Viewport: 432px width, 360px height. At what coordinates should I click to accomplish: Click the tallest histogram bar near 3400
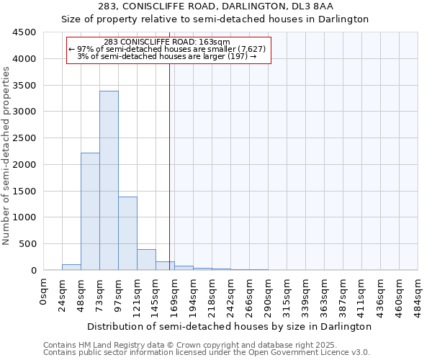(x=109, y=180)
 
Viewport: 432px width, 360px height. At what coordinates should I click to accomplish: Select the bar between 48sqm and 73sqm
(x=90, y=212)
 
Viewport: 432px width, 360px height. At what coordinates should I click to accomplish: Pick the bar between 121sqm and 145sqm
(x=146, y=260)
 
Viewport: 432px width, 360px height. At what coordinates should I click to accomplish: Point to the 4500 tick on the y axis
(x=23, y=32)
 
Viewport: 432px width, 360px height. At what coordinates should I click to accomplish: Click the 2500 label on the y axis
(x=23, y=138)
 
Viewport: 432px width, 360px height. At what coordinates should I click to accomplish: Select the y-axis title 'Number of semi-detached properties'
(x=6, y=156)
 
